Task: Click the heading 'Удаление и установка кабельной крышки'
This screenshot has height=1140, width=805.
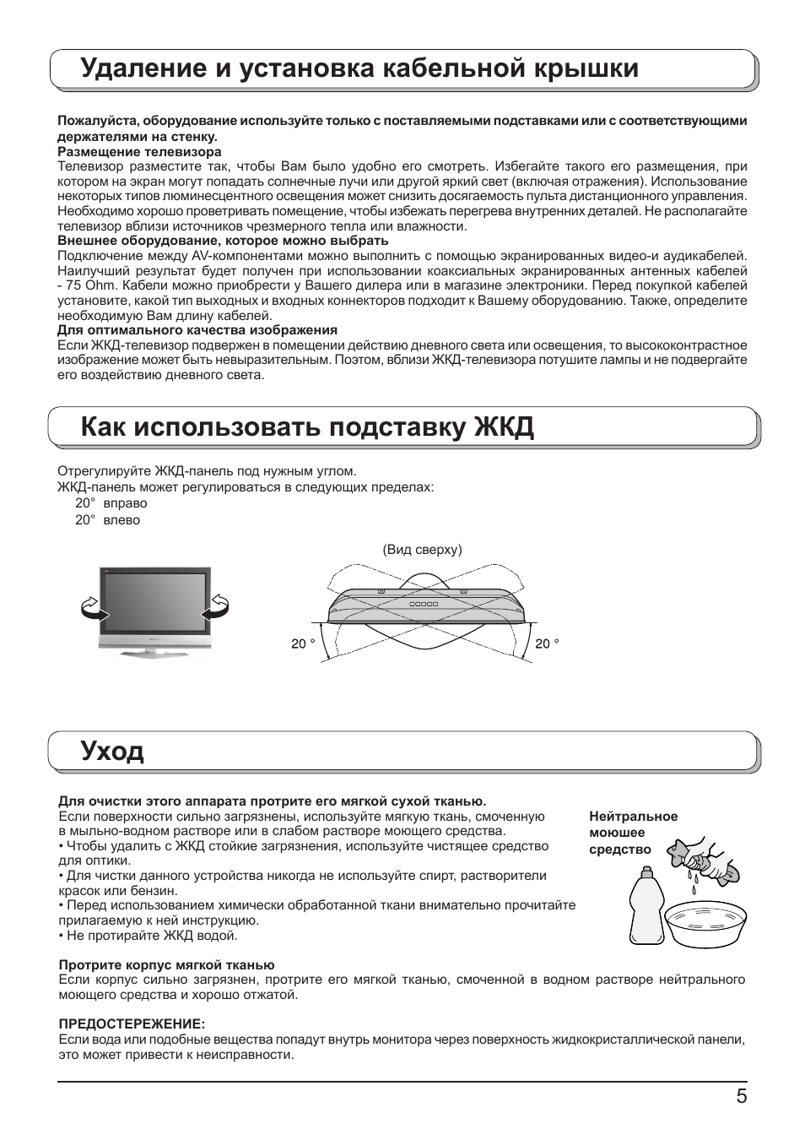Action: click(359, 69)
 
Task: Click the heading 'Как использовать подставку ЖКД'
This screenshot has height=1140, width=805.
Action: click(308, 427)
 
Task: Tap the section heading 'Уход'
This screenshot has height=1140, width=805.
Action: click(112, 751)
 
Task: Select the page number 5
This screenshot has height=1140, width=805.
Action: click(741, 1097)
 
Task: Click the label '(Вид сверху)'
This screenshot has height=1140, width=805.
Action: click(422, 550)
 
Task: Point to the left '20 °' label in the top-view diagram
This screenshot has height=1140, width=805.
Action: click(303, 644)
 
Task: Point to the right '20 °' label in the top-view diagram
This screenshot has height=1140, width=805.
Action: click(547, 644)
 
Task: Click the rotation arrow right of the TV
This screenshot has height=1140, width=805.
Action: click(218, 606)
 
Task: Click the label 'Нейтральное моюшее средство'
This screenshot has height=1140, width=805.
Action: click(633, 833)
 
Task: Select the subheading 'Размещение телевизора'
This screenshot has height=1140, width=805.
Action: click(139, 152)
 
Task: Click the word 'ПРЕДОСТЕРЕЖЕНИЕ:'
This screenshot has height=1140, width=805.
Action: click(132, 1024)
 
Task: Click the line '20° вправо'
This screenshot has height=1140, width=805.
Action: click(111, 503)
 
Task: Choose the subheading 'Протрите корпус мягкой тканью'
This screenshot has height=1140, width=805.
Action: click(166, 965)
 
